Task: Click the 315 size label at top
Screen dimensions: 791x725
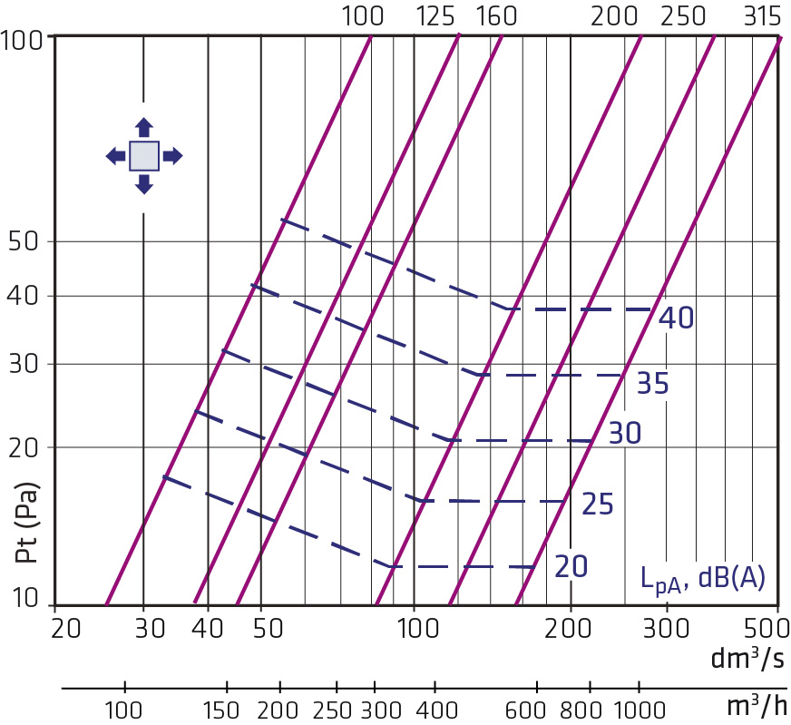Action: tap(762, 16)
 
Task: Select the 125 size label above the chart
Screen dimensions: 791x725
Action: tap(435, 16)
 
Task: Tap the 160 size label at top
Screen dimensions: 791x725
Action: tap(496, 16)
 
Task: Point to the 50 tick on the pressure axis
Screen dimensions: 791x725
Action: tap(24, 241)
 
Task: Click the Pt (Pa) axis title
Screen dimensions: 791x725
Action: tap(26, 523)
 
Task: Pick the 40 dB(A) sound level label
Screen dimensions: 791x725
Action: tap(677, 318)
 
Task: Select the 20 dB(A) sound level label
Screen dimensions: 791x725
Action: tap(571, 566)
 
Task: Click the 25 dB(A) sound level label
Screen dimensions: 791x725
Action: tap(598, 504)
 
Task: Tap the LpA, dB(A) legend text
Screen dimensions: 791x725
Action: tap(703, 579)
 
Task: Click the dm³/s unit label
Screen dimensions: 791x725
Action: tap(747, 658)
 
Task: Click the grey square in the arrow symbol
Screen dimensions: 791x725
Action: tap(144, 156)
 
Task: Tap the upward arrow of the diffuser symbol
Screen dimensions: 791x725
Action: tap(144, 127)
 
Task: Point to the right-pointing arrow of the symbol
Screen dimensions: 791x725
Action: tap(173, 156)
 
